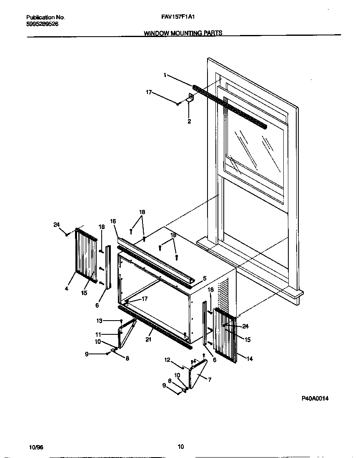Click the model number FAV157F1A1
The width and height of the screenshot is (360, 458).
(178, 17)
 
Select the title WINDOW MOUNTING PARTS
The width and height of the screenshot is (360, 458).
(183, 33)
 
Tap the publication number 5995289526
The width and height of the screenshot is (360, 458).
(42, 24)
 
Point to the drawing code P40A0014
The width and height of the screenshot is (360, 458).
(315, 398)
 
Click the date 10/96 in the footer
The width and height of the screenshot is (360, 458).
(36, 447)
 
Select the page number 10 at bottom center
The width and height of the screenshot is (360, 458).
(180, 447)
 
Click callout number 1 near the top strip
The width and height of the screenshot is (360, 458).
(165, 75)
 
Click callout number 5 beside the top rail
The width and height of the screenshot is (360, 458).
(205, 278)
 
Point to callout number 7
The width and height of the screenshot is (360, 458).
(209, 380)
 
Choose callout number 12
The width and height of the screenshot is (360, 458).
(167, 360)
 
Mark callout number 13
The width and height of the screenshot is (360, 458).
(99, 321)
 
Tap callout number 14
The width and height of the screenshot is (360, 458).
(250, 358)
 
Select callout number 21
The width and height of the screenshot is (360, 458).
(148, 340)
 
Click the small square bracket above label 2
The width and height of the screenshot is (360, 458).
(191, 98)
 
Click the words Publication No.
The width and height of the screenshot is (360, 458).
(45, 17)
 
